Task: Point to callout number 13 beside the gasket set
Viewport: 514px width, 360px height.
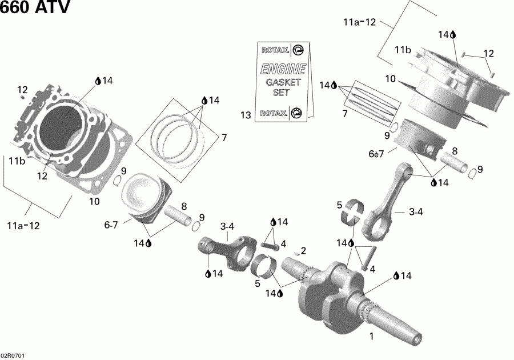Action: [x=246, y=116]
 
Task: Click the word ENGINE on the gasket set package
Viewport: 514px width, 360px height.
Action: [x=283, y=70]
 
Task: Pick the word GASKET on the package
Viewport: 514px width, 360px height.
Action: [x=283, y=82]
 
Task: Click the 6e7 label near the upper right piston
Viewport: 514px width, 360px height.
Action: [x=391, y=155]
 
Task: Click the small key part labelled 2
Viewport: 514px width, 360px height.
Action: [x=296, y=251]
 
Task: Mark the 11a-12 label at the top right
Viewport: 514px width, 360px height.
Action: [x=359, y=22]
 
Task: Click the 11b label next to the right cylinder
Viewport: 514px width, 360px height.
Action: [x=403, y=51]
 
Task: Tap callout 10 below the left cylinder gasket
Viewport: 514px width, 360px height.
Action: [x=94, y=201]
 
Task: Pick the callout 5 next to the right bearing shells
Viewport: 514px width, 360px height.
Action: [x=339, y=205]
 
